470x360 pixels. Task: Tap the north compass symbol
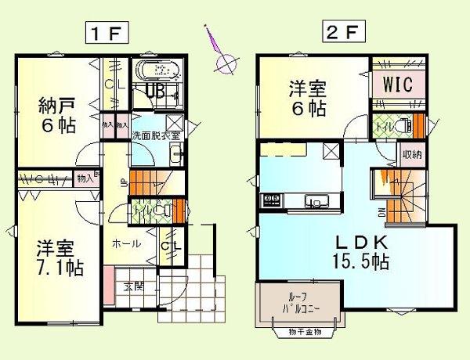click(x=223, y=63)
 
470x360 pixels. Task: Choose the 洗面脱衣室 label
click(x=156, y=135)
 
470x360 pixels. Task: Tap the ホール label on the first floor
click(x=126, y=243)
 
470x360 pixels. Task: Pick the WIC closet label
click(x=398, y=82)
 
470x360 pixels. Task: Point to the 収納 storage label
click(x=412, y=154)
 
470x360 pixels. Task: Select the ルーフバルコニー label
click(x=295, y=303)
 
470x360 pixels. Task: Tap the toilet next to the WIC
click(x=402, y=124)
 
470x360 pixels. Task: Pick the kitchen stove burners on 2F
click(x=271, y=200)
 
